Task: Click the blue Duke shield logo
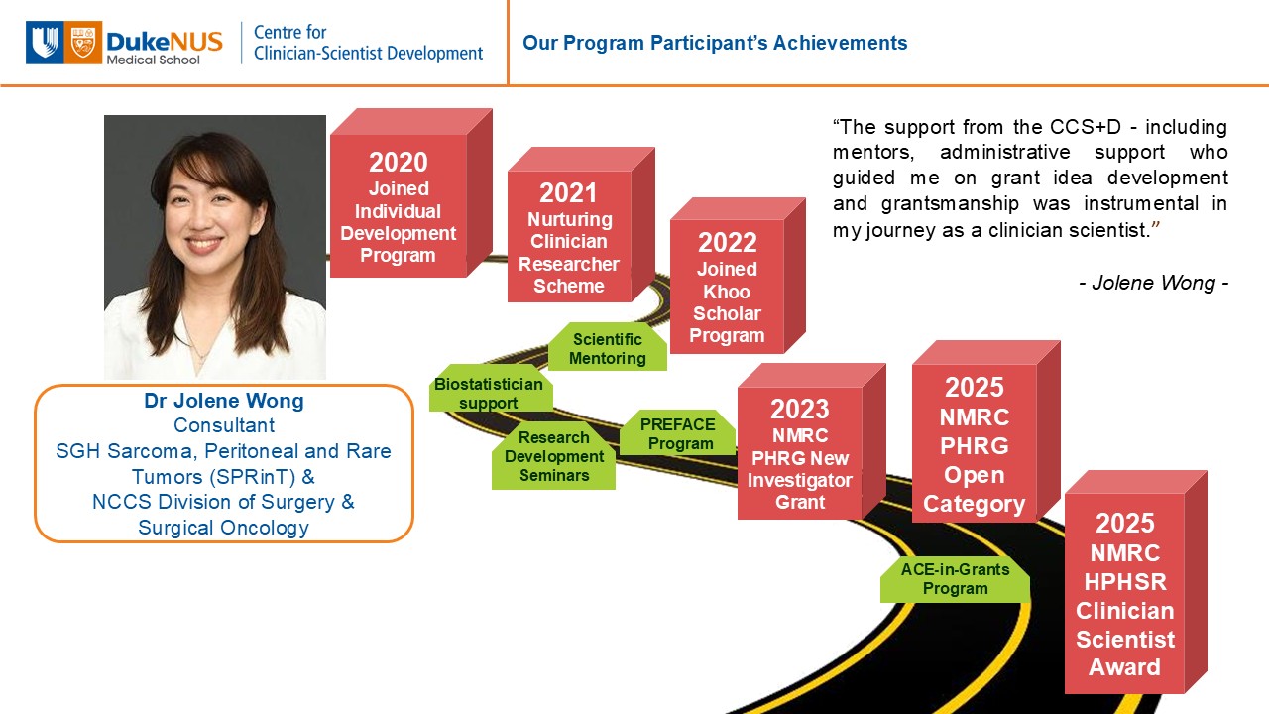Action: pyautogui.click(x=45, y=43)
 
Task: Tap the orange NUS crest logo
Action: pyautogui.click(x=83, y=43)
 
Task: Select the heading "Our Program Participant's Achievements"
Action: pyautogui.click(x=715, y=43)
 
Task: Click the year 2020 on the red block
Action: pyautogui.click(x=399, y=162)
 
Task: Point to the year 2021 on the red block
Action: pyautogui.click(x=568, y=193)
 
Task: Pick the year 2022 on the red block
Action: pyautogui.click(x=728, y=243)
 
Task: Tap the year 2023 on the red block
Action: pyautogui.click(x=799, y=410)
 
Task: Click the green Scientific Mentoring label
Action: pyautogui.click(x=608, y=347)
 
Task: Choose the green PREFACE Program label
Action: pyautogui.click(x=678, y=433)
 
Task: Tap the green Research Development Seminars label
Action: pyautogui.click(x=554, y=456)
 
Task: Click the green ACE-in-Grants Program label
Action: pyautogui.click(x=955, y=578)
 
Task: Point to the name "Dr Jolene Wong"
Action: pyautogui.click(x=224, y=401)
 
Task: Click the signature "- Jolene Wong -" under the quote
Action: pyautogui.click(x=1153, y=283)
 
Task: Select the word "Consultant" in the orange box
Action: pyautogui.click(x=224, y=425)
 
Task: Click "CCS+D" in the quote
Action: pyautogui.click(x=1085, y=126)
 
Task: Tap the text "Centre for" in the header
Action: pyautogui.click(x=290, y=32)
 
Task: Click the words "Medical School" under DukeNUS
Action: pyautogui.click(x=153, y=60)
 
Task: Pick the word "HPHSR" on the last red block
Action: pyautogui.click(x=1125, y=582)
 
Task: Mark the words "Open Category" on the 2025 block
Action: pyautogui.click(x=974, y=490)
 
